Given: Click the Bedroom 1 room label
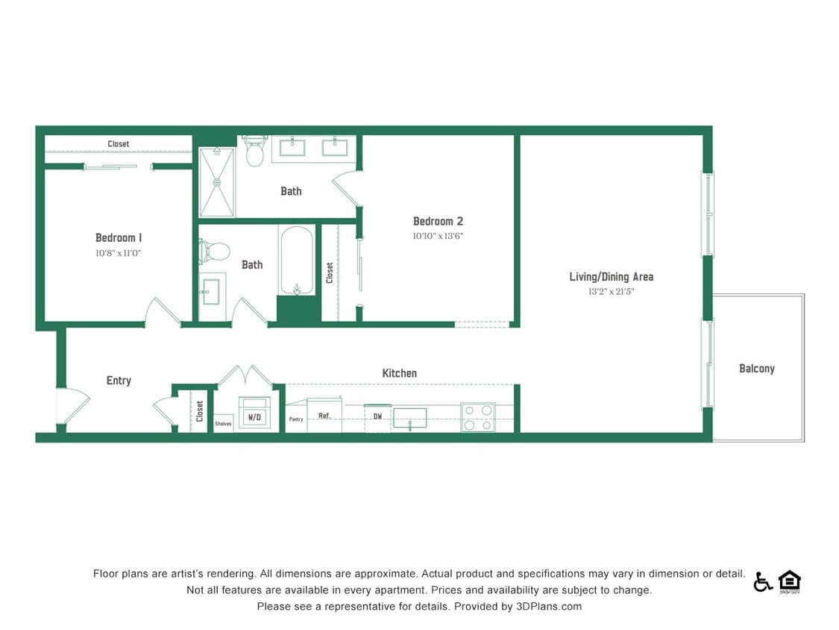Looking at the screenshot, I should click(x=119, y=237).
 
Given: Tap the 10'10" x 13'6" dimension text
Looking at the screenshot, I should click(x=438, y=236).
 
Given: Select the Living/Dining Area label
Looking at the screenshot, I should click(x=611, y=277).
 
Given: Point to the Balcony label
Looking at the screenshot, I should click(x=756, y=369).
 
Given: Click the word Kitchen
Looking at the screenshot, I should click(x=399, y=373).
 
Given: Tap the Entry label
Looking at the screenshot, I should click(x=119, y=381).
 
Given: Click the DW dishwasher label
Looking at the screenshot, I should click(x=377, y=416).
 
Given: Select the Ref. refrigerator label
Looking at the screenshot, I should click(x=324, y=416).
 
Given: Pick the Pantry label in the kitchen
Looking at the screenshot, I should click(x=296, y=420).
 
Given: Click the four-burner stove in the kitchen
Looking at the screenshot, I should click(x=478, y=417).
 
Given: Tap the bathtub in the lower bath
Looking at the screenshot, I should click(x=297, y=261).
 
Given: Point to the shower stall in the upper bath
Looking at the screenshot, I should click(x=217, y=182).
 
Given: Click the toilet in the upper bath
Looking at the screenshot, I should click(x=255, y=152).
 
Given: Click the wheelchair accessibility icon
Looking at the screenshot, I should click(x=762, y=581).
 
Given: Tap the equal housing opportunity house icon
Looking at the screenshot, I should click(x=789, y=581).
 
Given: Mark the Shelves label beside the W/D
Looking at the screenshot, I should click(x=223, y=423).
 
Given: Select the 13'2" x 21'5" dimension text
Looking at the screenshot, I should click(x=611, y=292).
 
